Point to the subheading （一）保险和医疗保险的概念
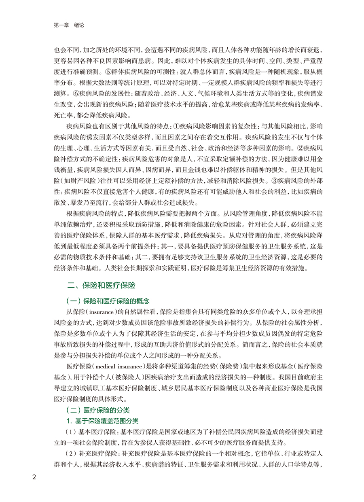(x=108, y=301)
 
